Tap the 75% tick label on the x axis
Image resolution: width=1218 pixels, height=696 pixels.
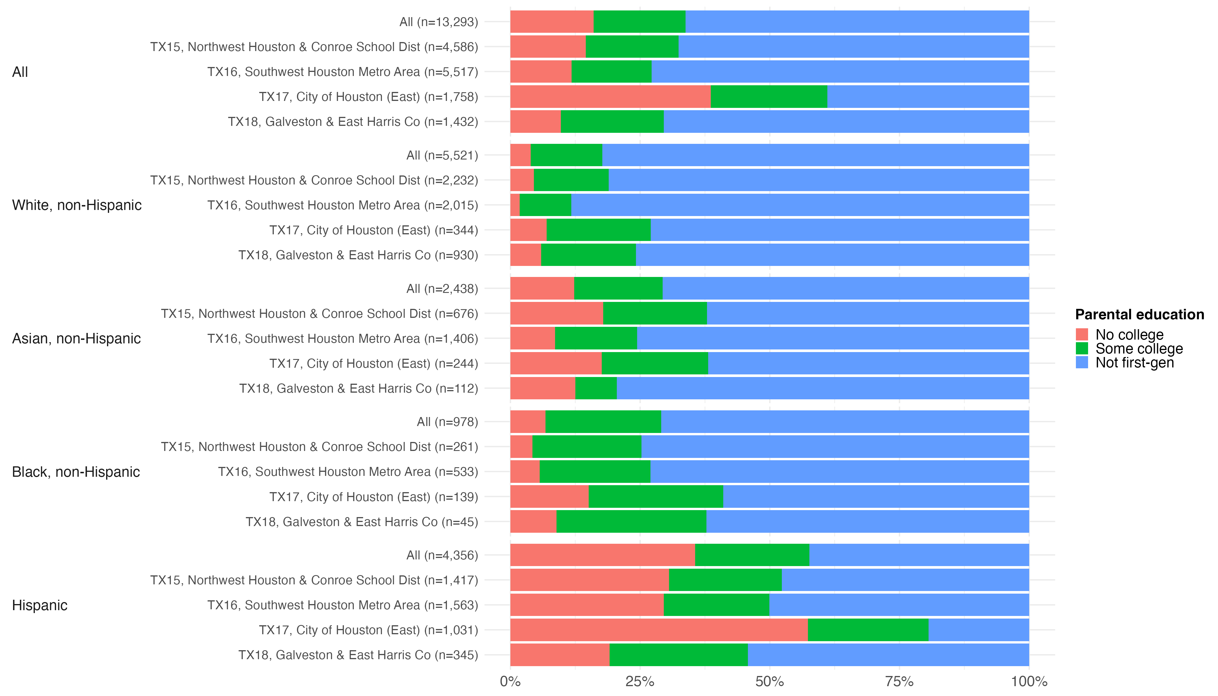coord(899,681)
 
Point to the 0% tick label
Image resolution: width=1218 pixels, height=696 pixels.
coord(510,681)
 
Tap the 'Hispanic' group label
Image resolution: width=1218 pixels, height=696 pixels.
coord(40,605)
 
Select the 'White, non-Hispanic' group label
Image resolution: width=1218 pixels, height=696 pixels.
coord(77,205)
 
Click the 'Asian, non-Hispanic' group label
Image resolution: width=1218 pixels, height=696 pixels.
coord(76,338)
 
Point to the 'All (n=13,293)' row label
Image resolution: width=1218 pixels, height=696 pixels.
coord(438,22)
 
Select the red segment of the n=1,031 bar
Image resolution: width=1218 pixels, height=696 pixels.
coord(659,630)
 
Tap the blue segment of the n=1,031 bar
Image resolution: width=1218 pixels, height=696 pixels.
coord(978,630)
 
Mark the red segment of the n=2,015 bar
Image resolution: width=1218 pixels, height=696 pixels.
coord(515,205)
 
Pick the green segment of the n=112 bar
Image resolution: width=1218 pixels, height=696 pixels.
coord(596,388)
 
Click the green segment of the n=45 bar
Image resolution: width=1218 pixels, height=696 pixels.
coord(631,521)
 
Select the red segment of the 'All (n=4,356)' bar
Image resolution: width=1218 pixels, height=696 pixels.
coord(602,555)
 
